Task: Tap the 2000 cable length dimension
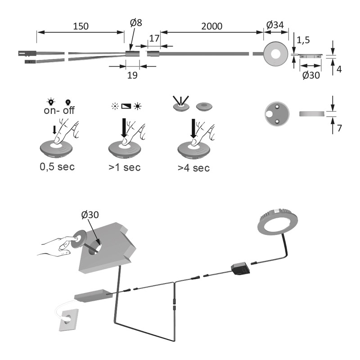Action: click(211, 26)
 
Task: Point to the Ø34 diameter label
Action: click(274, 26)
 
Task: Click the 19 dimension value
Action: click(131, 76)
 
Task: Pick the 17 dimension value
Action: click(154, 39)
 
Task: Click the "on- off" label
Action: click(57, 111)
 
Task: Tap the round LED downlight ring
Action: click(276, 224)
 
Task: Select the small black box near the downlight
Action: click(240, 269)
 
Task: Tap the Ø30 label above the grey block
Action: click(90, 215)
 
